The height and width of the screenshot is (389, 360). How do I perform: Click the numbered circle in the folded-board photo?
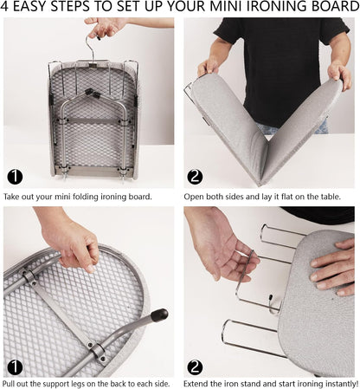(x=15, y=178)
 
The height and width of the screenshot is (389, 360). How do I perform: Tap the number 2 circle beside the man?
(x=195, y=178)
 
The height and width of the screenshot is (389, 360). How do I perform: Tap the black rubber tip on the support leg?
(x=159, y=315)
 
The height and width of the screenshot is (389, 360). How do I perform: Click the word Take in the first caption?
(x=14, y=197)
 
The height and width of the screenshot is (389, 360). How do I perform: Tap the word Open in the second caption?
(x=196, y=197)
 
